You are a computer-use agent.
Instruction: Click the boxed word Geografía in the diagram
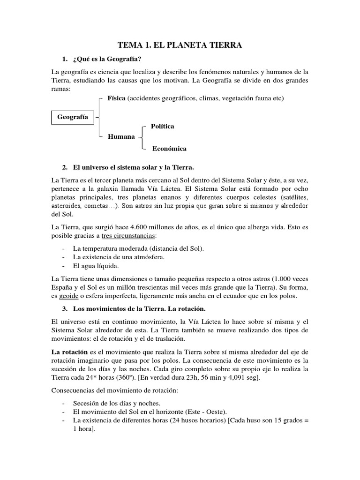pos(72,117)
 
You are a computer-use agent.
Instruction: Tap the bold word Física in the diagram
pos(117,98)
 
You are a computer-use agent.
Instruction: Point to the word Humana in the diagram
pos(121,136)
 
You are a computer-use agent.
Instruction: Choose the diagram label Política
pos(162,127)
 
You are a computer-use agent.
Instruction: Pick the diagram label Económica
pos(169,149)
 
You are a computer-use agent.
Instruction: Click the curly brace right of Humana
pos(142,137)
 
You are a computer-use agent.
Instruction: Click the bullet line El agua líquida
pos(96,266)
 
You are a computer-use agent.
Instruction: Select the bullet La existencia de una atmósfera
pos(119,257)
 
